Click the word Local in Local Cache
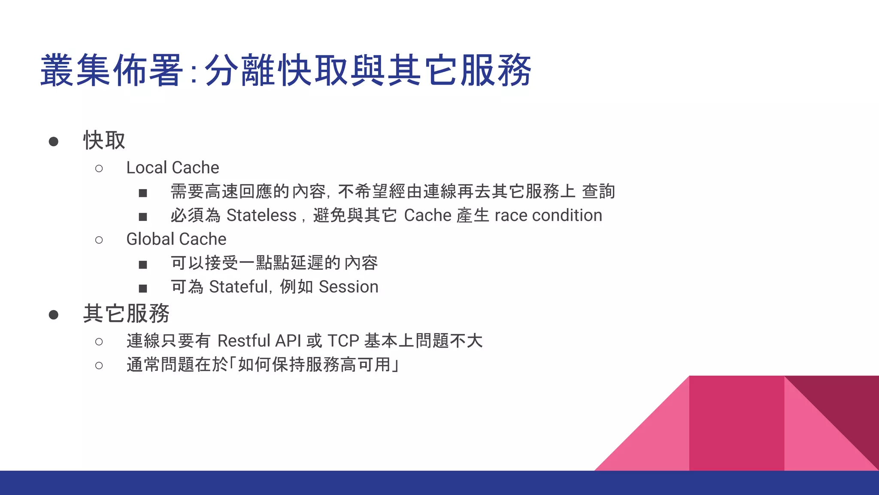(146, 168)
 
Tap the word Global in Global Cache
(150, 239)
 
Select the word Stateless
(261, 215)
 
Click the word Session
(349, 287)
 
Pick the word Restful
(244, 341)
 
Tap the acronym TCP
(343, 341)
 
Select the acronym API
(288, 341)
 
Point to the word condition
(567, 215)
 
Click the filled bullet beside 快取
(54, 141)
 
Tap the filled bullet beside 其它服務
(54, 315)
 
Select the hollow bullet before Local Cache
(99, 168)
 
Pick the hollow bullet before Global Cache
(99, 240)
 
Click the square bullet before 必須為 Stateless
(143, 217)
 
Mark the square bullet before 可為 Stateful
(143, 288)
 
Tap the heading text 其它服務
(126, 313)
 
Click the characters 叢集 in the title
(76, 70)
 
